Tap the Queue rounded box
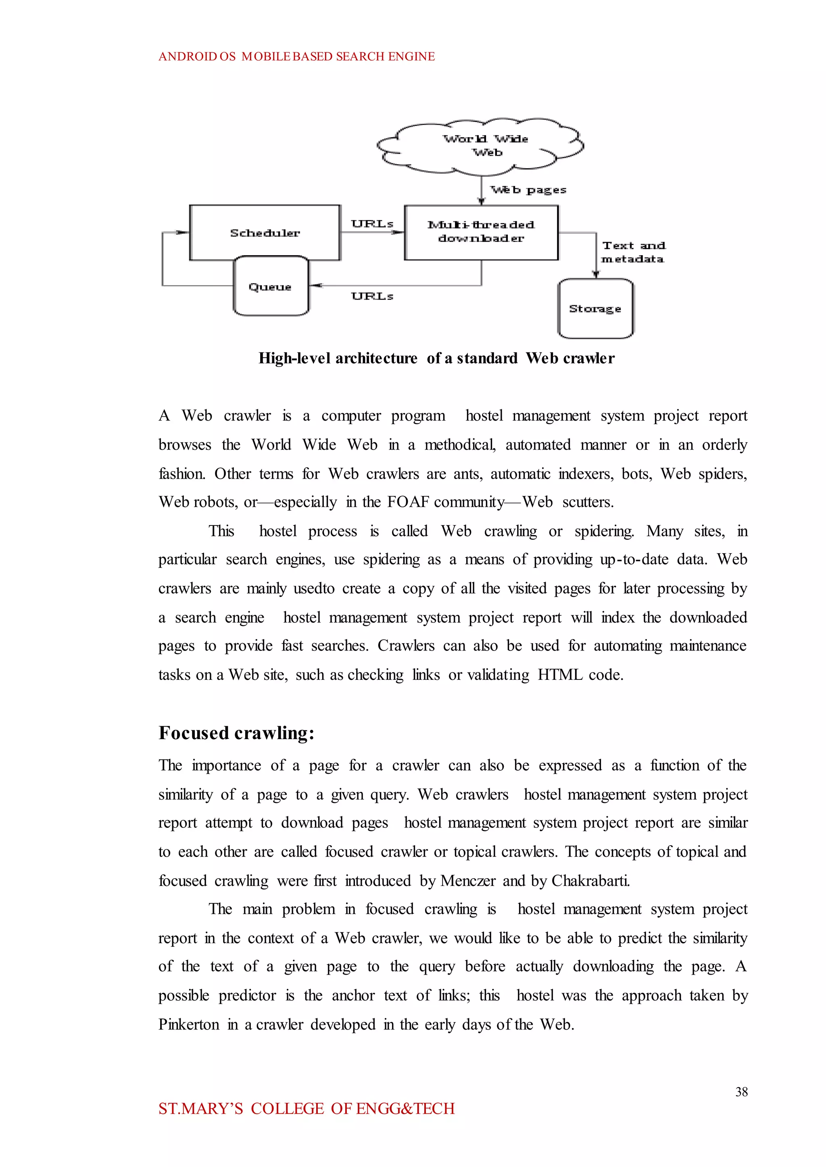coord(270,287)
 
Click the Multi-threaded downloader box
coord(481,232)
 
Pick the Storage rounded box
coord(595,308)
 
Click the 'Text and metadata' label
coord(633,252)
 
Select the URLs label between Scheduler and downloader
coord(372,224)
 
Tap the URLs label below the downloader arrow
coord(372,296)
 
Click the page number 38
coord(741,1092)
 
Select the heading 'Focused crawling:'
coord(236,733)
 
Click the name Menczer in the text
coord(467,881)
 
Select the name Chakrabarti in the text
coord(590,881)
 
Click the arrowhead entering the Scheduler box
coord(183,232)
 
